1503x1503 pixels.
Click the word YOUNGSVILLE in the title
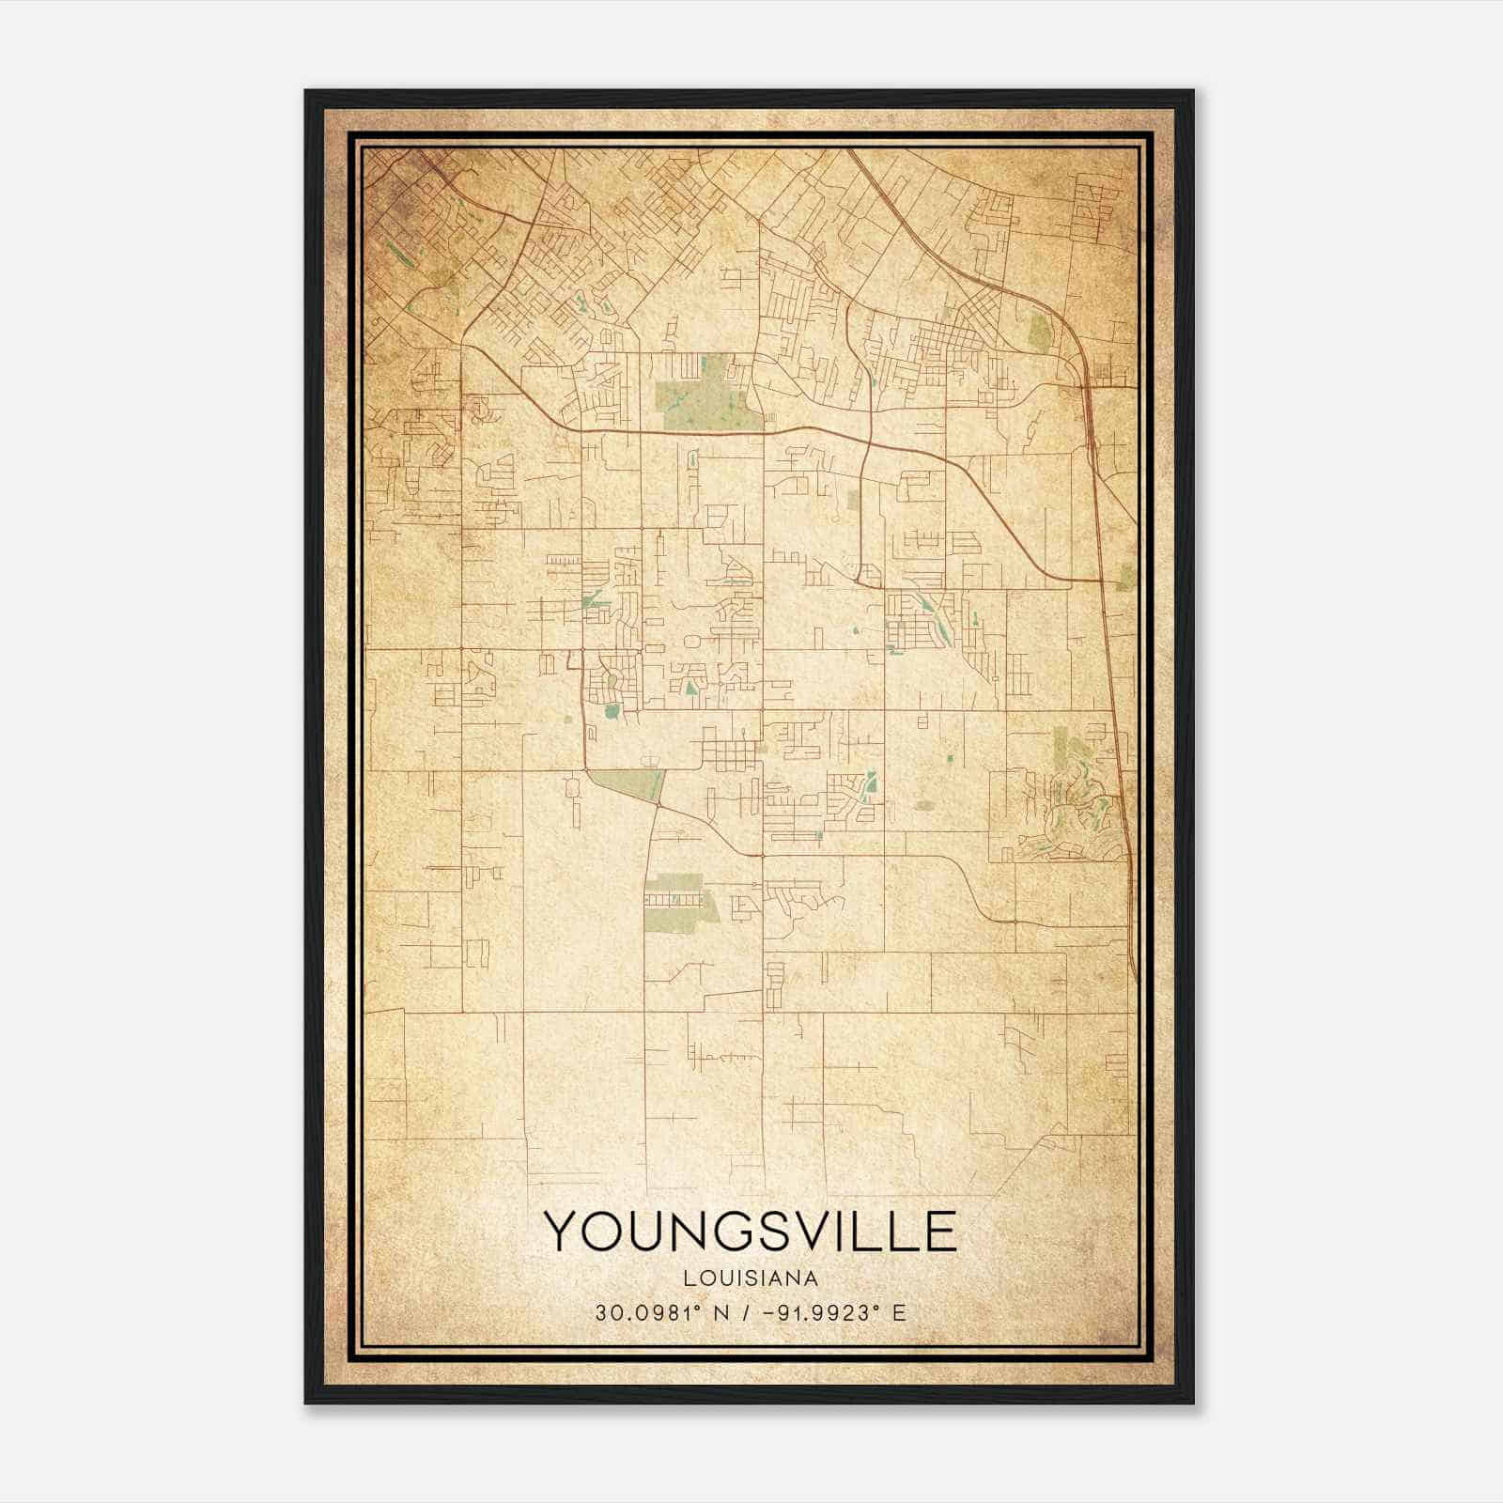751,1232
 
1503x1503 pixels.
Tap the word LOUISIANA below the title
751,1278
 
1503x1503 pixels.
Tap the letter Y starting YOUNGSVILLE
565,1232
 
